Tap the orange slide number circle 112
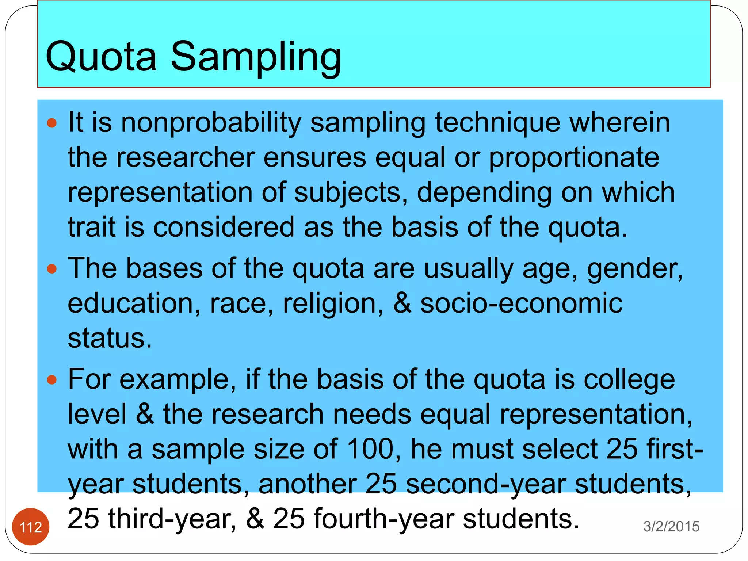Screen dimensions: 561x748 coord(31,527)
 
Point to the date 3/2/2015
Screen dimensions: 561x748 coord(671,526)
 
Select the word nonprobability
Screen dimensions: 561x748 coord(211,123)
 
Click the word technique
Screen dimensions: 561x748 coord(497,123)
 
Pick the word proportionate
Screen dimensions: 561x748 coord(574,158)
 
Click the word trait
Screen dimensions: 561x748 coord(91,227)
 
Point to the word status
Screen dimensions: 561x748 coord(109,338)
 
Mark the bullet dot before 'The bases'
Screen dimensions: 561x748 coord(52,269)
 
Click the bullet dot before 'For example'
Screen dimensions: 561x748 coord(52,380)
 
